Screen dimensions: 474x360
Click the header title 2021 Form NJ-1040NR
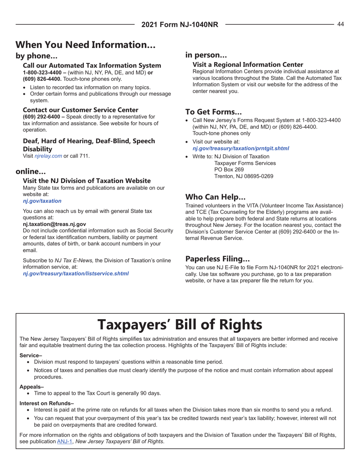click(180, 25)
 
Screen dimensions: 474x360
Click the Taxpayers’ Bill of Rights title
click(180, 324)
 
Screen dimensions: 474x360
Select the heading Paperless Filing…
click(218, 259)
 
